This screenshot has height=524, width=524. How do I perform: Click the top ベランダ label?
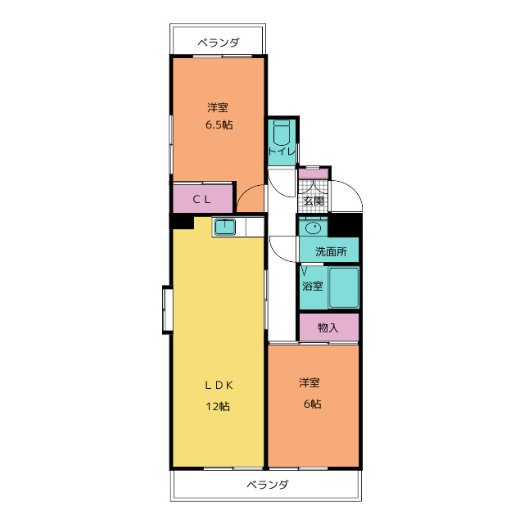(219, 43)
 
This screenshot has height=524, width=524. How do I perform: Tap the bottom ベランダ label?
(268, 484)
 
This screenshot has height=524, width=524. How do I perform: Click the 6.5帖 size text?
(219, 124)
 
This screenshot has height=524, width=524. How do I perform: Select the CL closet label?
(202, 200)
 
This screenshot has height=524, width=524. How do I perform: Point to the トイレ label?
(282, 151)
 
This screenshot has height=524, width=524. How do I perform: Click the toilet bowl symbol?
(282, 132)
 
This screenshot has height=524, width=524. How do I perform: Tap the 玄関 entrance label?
(314, 201)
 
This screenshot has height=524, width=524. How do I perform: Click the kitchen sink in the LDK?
(224, 228)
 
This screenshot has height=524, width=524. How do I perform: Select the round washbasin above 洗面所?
(314, 228)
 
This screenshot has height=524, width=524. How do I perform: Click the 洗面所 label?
(331, 251)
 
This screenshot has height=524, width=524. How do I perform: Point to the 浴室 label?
(313, 286)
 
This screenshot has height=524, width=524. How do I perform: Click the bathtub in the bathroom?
(344, 287)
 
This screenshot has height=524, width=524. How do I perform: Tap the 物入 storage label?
(327, 327)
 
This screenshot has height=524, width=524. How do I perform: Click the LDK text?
(219, 386)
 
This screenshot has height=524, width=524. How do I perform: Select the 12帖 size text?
(217, 406)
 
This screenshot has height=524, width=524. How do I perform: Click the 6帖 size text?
(313, 404)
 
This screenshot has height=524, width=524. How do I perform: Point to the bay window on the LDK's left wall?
(167, 309)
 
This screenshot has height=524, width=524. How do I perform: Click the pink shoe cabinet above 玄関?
(314, 174)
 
